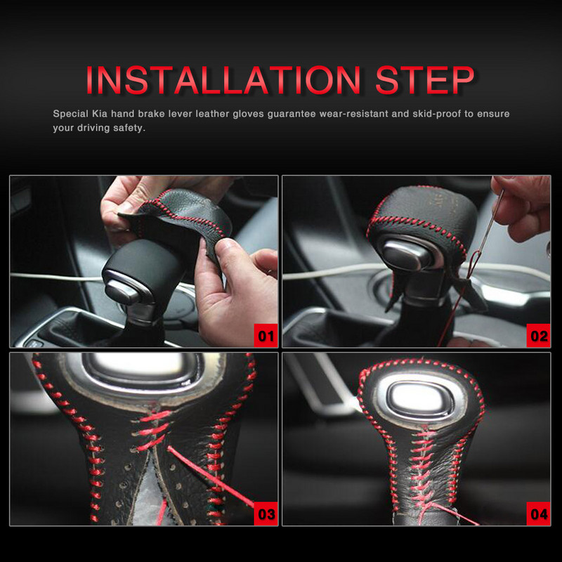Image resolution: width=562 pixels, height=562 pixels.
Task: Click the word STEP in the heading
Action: pyautogui.click(x=425, y=80)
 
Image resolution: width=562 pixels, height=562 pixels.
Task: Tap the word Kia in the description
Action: pyautogui.click(x=100, y=114)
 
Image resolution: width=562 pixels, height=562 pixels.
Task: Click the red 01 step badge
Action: pyautogui.click(x=266, y=336)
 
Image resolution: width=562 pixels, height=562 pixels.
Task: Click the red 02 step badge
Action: pyautogui.click(x=538, y=336)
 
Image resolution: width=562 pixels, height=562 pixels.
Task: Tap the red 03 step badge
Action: pyautogui.click(x=266, y=514)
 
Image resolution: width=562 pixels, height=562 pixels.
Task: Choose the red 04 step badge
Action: pyautogui.click(x=538, y=514)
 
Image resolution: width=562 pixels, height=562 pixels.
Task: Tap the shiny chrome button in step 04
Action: pyautogui.click(x=417, y=398)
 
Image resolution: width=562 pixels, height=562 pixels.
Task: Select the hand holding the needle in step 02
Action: pyautogui.click(x=521, y=208)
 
